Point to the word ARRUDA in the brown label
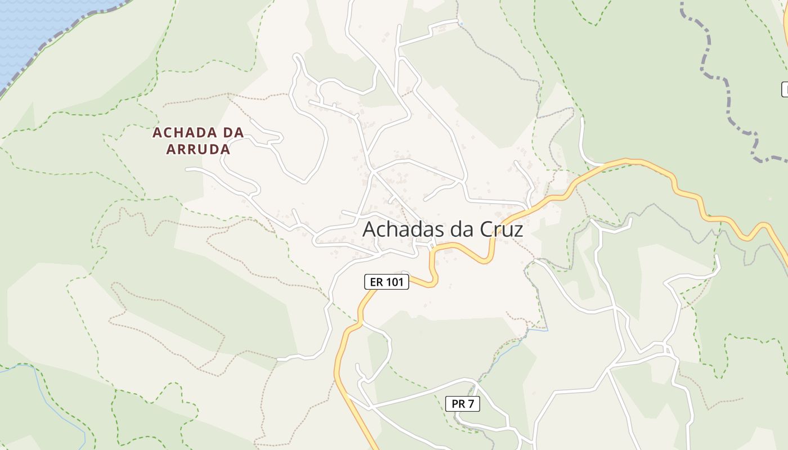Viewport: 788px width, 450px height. click(199, 150)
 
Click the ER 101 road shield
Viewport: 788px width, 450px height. click(387, 282)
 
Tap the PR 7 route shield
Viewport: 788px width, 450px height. click(463, 404)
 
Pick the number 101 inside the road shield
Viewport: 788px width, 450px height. click(395, 282)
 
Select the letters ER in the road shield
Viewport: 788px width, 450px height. click(375, 282)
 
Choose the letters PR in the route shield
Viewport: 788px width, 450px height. click(458, 404)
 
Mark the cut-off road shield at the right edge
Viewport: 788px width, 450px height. click(785, 89)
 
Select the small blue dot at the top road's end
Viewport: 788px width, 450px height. click(461, 24)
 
